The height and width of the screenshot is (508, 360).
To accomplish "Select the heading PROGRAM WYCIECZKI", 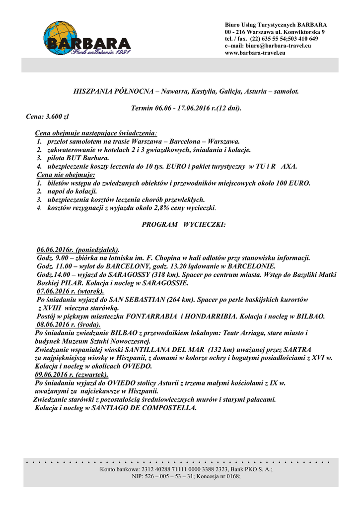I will (x=184, y=225).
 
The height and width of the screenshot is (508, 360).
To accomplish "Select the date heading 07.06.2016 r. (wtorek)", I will (x=70, y=291).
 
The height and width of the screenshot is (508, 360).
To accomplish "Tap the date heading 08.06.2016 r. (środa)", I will (x=69, y=324).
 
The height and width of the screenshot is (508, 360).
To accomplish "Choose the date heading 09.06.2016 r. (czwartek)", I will (x=72, y=375).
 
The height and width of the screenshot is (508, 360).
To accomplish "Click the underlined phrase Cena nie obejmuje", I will (x=66, y=175).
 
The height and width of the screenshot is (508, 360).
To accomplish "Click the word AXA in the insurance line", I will (x=288, y=167).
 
